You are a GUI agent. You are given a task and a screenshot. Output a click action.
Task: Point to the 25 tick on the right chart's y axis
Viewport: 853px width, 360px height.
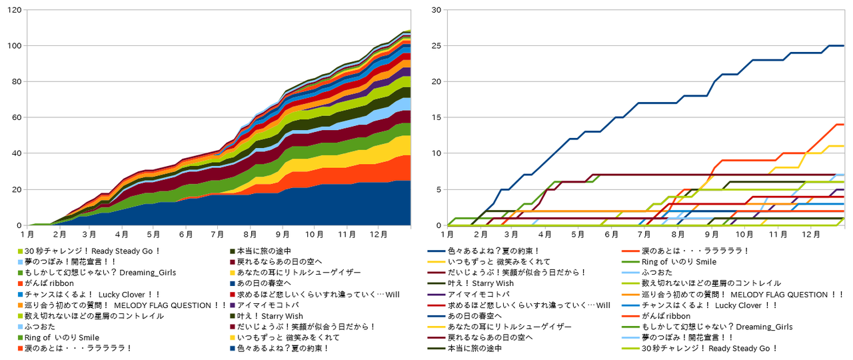(436, 46)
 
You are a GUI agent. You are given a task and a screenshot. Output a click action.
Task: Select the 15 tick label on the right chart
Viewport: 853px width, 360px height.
(436, 118)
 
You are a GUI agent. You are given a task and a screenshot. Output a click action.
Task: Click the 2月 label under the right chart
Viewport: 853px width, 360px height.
(479, 235)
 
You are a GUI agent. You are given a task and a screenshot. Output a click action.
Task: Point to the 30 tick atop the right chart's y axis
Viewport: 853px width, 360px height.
(436, 10)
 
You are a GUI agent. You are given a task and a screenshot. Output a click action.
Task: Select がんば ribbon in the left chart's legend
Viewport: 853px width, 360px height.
(50, 283)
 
